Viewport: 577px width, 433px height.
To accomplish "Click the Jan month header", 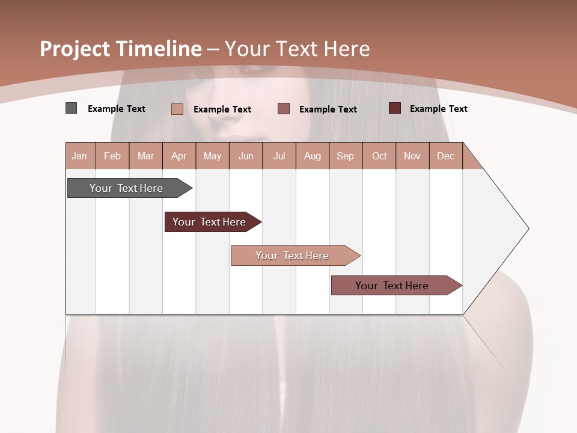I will (80, 156).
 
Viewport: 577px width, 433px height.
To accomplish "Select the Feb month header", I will (112, 156).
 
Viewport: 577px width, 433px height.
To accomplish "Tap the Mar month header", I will (145, 156).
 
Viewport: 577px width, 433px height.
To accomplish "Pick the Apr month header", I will (179, 156).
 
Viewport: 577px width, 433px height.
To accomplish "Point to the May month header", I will (212, 156).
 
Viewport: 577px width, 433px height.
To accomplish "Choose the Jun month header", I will (246, 156).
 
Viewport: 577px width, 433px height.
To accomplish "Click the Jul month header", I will (279, 156).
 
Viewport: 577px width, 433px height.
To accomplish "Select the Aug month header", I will (313, 156).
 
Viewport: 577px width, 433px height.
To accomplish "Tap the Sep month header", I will (346, 156).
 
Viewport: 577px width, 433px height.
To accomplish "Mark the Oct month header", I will (379, 156).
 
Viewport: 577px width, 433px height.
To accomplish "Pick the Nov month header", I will (412, 156).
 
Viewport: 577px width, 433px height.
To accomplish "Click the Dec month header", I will (446, 156).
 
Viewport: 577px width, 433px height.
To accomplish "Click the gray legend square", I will (71, 108).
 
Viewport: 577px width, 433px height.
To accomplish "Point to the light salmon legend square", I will (177, 109).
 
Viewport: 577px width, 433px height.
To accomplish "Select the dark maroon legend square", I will (395, 108).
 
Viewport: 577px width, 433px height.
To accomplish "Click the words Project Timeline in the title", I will (121, 49).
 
